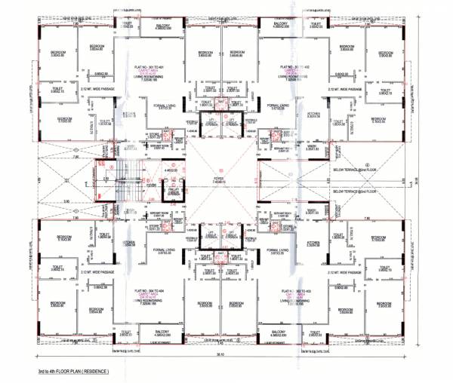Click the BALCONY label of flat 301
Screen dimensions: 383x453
pos(163,26)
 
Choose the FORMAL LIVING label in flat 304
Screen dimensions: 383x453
pos(164,249)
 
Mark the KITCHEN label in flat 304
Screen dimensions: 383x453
pos(129,243)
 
